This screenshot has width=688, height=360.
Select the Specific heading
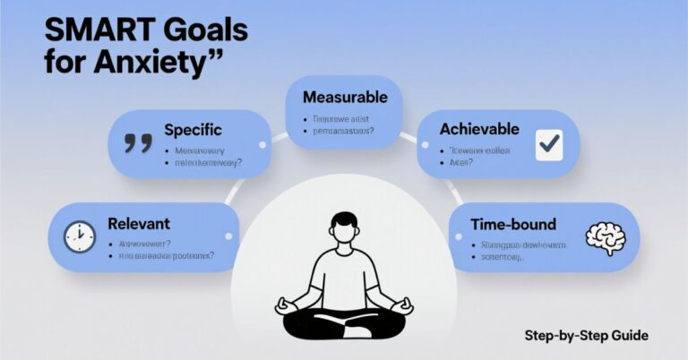(x=193, y=130)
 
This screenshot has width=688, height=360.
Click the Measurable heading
(x=345, y=97)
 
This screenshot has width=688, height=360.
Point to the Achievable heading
(x=480, y=129)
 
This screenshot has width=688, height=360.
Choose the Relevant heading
(x=139, y=223)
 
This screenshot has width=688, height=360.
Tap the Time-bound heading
(x=513, y=224)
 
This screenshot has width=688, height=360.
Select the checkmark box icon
(x=548, y=144)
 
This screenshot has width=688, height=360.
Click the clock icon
(x=79, y=236)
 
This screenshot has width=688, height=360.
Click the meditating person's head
(x=343, y=226)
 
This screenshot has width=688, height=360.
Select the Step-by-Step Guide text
(x=586, y=336)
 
